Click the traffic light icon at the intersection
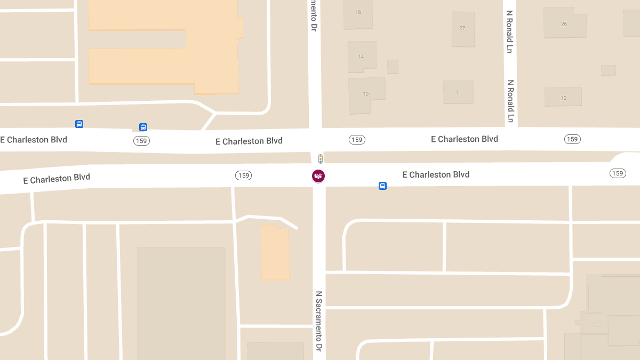pos(321,158)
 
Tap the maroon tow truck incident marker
pos(318,175)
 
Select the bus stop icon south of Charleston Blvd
pos(382,186)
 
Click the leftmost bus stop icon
pos(79,124)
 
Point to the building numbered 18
pos(358,13)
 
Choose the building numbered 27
pos(462,29)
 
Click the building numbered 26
pos(564,24)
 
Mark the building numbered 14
pos(361,56)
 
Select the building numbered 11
pos(458,92)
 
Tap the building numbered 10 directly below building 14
pos(366,94)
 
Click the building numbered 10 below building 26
pos(563,97)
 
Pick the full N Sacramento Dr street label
pos(319,321)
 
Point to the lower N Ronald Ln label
pos(510,101)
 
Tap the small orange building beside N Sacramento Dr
pos(275,252)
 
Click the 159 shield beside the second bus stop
pos(141,141)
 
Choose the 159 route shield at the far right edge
pos(618,173)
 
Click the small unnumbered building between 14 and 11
pos(393,67)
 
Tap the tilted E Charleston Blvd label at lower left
pos(57,179)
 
